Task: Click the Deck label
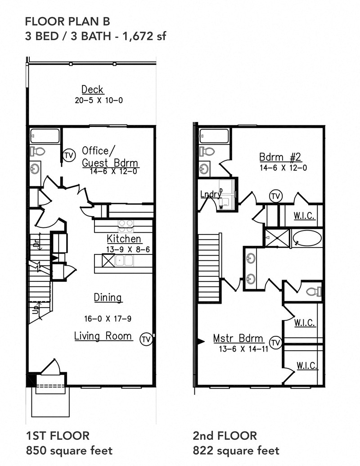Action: tap(92, 90)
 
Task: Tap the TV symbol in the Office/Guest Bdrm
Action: tap(69, 154)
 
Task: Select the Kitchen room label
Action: tap(124, 239)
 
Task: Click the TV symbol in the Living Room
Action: tap(145, 339)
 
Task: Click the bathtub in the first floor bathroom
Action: tap(45, 136)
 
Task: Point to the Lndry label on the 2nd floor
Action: tap(211, 194)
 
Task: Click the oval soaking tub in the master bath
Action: tap(306, 238)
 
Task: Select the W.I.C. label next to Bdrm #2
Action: tap(304, 217)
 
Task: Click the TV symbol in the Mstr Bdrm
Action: tap(276, 342)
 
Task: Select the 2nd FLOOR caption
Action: tap(225, 435)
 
